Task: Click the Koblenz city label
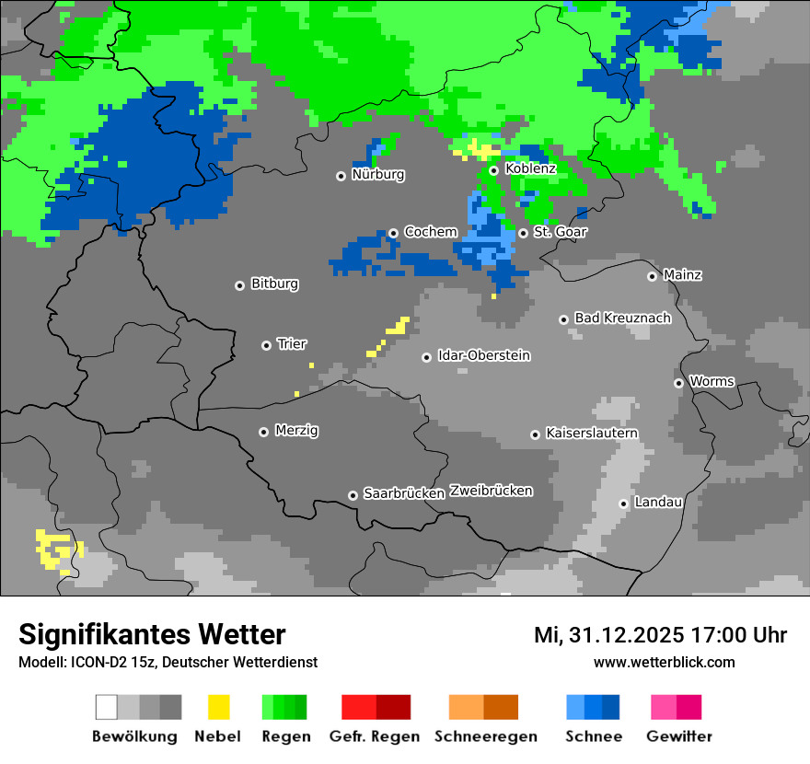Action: tap(530, 168)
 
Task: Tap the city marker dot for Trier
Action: tap(267, 345)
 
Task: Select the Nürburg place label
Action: tap(377, 174)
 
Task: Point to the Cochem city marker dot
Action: tap(393, 233)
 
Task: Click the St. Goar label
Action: tap(560, 232)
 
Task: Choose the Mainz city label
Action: tap(682, 274)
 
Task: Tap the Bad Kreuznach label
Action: tap(622, 318)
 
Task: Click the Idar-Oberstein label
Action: tap(483, 355)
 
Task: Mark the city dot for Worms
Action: tap(678, 383)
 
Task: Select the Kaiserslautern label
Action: tap(591, 433)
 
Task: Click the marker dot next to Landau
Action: tap(623, 504)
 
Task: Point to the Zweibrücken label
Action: tap(491, 491)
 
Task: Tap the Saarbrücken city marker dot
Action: tap(353, 495)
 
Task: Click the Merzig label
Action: tap(296, 430)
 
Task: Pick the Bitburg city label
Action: tap(274, 284)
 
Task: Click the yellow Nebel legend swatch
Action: tap(218, 707)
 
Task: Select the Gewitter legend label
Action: tap(678, 736)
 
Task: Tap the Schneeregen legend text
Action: tap(486, 736)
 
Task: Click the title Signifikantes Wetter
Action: tap(152, 634)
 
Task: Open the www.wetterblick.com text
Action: tap(664, 662)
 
